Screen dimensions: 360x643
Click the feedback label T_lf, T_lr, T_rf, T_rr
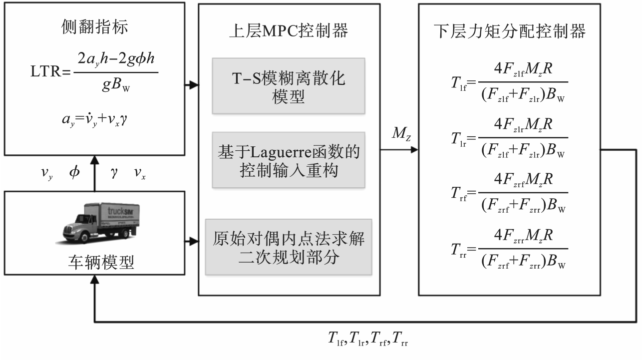point(369,340)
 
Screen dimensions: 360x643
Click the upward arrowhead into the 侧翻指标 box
point(94,159)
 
